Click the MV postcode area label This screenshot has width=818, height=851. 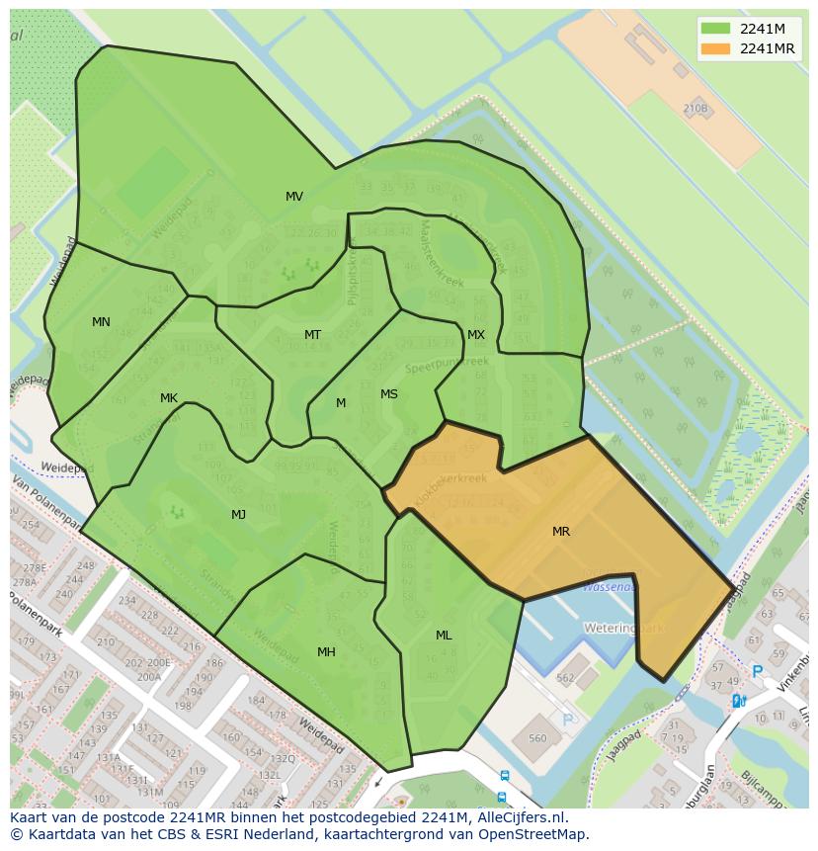[x=293, y=197]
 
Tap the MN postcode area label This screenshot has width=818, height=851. [x=101, y=322]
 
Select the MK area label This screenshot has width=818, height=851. [x=169, y=398]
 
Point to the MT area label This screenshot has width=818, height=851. [x=312, y=335]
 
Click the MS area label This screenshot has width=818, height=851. [x=389, y=394]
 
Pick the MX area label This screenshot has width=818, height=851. [x=476, y=335]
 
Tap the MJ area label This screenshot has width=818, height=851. [x=239, y=514]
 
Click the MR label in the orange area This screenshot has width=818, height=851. [x=561, y=532]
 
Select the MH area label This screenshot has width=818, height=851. [x=326, y=651]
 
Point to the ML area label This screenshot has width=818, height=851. [x=444, y=636]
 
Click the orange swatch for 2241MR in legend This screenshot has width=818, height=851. [x=716, y=48]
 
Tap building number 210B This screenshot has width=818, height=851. [x=695, y=109]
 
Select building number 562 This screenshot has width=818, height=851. [x=565, y=678]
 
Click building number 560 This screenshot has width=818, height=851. [x=537, y=737]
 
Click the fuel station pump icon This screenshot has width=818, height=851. [x=737, y=701]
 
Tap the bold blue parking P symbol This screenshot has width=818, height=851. [x=758, y=672]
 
